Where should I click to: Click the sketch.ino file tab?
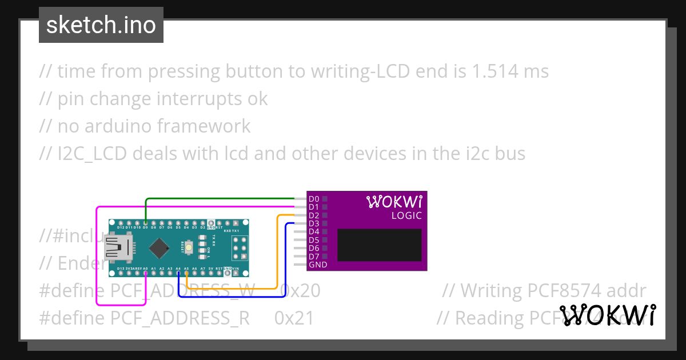tap(101, 25)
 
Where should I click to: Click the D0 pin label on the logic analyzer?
tap(313, 199)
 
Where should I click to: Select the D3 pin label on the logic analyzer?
tap(313, 223)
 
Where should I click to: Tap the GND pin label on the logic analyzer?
tap(317, 265)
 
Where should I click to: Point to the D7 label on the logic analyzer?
tap(313, 257)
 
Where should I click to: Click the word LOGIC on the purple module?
tap(406, 215)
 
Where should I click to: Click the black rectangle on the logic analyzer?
tap(379, 245)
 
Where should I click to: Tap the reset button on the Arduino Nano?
tap(203, 247)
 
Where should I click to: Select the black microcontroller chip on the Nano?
tap(158, 247)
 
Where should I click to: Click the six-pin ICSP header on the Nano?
tap(238, 247)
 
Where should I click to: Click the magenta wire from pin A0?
tap(97, 257)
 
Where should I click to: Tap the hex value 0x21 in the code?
tap(294, 318)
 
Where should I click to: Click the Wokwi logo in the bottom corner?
tap(607, 315)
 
